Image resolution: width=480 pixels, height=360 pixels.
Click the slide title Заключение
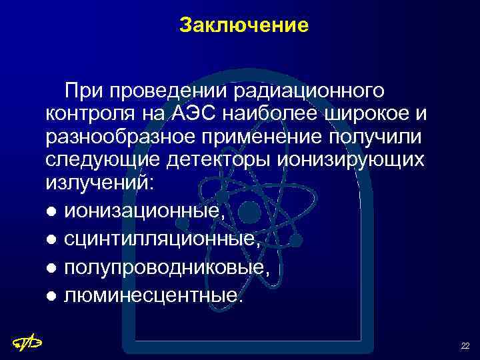coord(244,26)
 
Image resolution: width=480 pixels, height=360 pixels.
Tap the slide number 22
coord(465,345)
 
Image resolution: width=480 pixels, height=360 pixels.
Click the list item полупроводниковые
coord(167,266)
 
